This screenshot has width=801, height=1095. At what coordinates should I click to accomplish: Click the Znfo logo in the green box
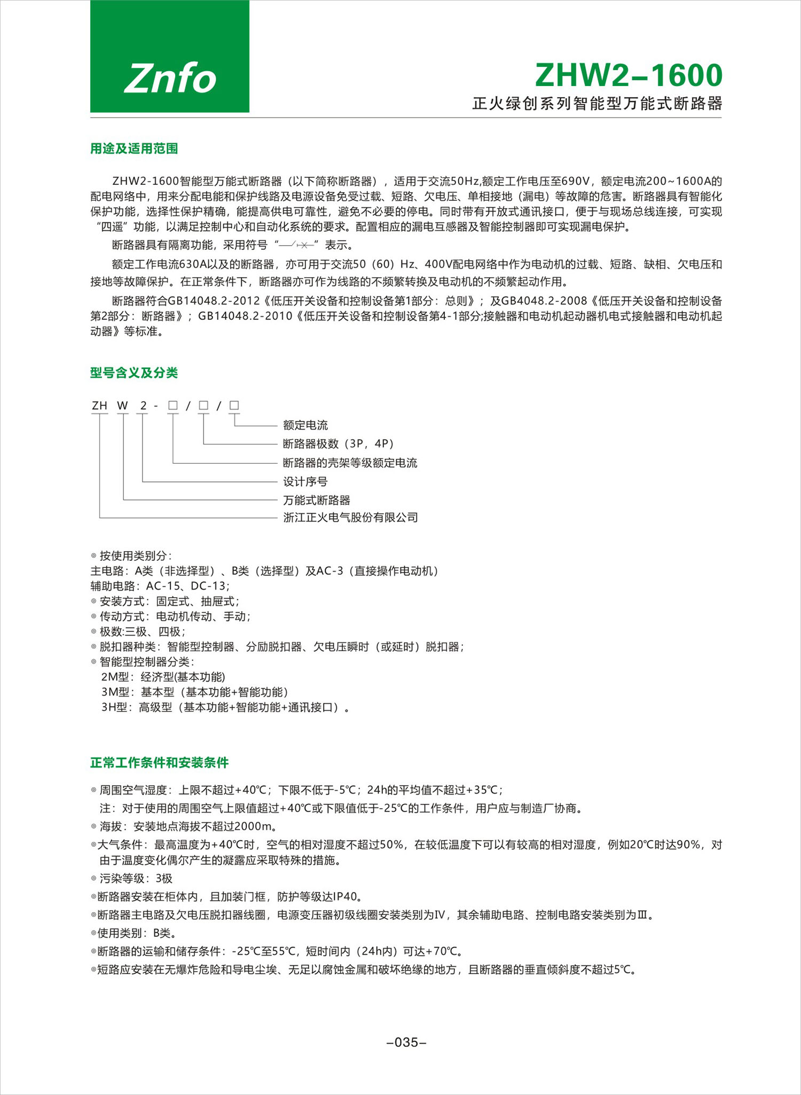170,78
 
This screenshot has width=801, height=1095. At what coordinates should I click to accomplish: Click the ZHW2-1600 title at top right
629,75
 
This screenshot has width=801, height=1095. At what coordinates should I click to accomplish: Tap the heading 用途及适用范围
133,148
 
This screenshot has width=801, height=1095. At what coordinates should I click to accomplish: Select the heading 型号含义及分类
133,373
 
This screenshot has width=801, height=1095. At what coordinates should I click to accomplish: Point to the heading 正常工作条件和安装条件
159,762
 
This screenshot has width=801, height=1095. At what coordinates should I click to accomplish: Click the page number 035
406,1042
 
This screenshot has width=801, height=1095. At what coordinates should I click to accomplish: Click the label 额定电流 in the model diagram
305,425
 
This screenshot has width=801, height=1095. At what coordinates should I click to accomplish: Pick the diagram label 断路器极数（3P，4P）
339,444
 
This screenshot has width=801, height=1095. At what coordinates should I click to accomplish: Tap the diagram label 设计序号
305,482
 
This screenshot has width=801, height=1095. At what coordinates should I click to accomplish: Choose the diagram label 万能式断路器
317,500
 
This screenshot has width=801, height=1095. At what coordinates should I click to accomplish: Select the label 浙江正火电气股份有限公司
350,518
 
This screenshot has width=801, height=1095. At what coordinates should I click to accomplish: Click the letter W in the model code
123,406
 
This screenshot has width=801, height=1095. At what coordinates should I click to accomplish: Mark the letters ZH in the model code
99,406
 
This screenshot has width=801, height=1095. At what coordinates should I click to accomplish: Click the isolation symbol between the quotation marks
297,245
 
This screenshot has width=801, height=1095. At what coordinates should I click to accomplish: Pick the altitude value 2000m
253,826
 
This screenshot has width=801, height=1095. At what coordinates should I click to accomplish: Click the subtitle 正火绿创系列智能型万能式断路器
597,104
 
